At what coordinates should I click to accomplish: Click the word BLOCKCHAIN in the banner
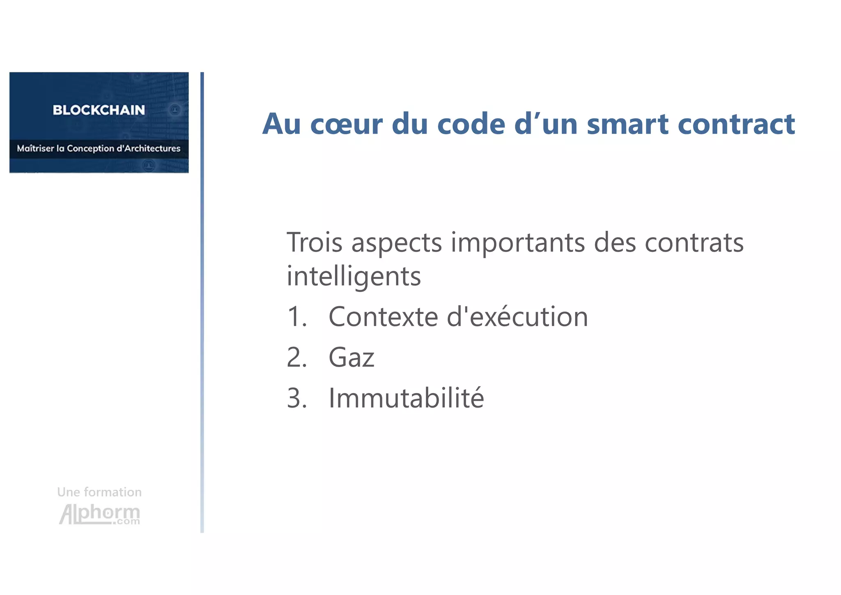pyautogui.click(x=99, y=110)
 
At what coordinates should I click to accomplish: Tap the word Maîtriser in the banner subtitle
pyautogui.click(x=35, y=148)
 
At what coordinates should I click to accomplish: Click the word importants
pyautogui.click(x=518, y=243)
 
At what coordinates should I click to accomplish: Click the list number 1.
pyautogui.click(x=296, y=317)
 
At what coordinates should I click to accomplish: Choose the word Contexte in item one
pyautogui.click(x=384, y=317)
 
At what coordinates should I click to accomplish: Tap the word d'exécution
pyautogui.click(x=517, y=317)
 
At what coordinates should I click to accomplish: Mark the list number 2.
pyautogui.click(x=296, y=357)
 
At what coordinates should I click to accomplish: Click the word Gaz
pyautogui.click(x=352, y=357)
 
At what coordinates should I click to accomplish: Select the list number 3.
pyautogui.click(x=296, y=398)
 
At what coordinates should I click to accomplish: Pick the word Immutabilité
pyautogui.click(x=406, y=398)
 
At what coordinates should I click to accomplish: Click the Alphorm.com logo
pyautogui.click(x=100, y=514)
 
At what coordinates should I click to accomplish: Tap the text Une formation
pyautogui.click(x=99, y=492)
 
